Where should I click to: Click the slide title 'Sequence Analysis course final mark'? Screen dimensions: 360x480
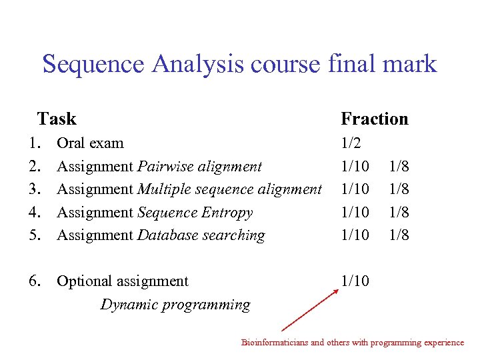pyautogui.click(x=239, y=65)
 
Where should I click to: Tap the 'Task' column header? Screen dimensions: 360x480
pyautogui.click(x=57, y=119)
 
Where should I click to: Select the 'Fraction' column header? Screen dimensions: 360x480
pyautogui.click(x=374, y=119)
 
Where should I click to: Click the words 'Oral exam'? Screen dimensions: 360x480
pyautogui.click(x=90, y=143)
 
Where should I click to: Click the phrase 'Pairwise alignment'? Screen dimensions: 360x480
pyautogui.click(x=199, y=166)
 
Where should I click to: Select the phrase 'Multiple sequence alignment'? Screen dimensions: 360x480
pyautogui.click(x=229, y=189)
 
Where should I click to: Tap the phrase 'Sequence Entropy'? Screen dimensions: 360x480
pyautogui.click(x=195, y=212)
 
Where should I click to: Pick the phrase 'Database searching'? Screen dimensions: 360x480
pyautogui.click(x=201, y=235)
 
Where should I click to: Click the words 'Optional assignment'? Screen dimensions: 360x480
pyautogui.click(x=123, y=281)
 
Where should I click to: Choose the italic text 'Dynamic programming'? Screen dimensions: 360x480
pyautogui.click(x=175, y=305)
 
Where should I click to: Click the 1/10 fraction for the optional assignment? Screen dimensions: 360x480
pyautogui.click(x=355, y=281)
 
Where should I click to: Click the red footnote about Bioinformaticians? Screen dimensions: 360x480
pyautogui.click(x=352, y=343)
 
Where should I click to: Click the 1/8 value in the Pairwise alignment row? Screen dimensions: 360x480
pyautogui.click(x=399, y=166)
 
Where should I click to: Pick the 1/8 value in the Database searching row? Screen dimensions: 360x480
pyautogui.click(x=399, y=235)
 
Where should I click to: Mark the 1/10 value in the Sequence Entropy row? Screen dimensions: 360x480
pyautogui.click(x=355, y=212)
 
